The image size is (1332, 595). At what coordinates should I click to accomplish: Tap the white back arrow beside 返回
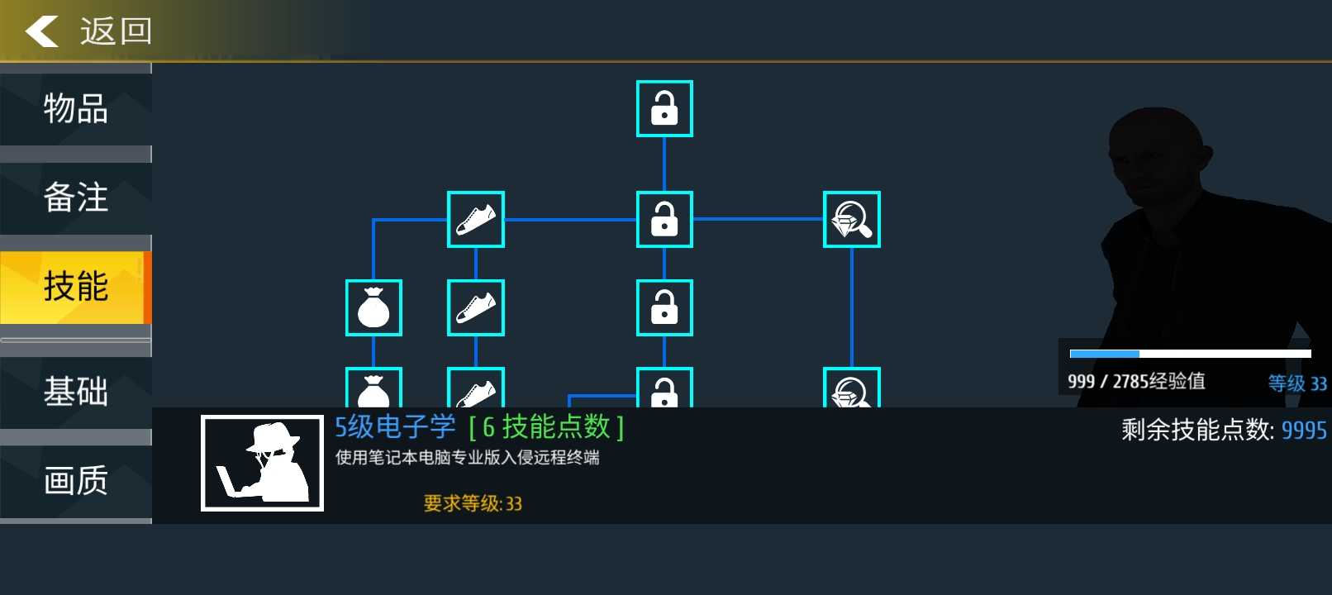pyautogui.click(x=41, y=31)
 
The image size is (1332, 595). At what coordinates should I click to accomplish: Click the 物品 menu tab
pyautogui.click(x=75, y=109)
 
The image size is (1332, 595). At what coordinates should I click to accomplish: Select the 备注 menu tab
pyautogui.click(x=75, y=198)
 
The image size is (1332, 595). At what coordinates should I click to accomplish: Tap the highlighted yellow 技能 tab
pyautogui.click(x=75, y=287)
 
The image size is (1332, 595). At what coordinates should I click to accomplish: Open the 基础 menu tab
pyautogui.click(x=75, y=392)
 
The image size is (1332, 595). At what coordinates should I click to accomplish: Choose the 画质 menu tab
pyautogui.click(x=75, y=481)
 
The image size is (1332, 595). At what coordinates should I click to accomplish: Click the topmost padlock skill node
pyautogui.click(x=664, y=108)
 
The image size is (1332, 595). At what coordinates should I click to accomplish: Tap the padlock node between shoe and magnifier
pyautogui.click(x=664, y=219)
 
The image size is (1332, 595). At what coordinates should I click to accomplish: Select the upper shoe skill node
pyautogui.click(x=476, y=219)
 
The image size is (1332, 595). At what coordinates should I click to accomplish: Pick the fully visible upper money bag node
pyautogui.click(x=373, y=307)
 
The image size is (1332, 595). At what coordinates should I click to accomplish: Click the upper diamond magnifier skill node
pyautogui.click(x=852, y=219)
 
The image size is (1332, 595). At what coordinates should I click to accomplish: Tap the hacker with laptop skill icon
pyautogui.click(x=262, y=463)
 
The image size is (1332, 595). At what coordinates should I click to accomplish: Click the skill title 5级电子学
pyautogui.click(x=395, y=427)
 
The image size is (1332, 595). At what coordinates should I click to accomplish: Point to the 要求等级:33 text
pyautogui.click(x=473, y=503)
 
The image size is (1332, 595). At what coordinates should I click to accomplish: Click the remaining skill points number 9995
pyautogui.click(x=1304, y=431)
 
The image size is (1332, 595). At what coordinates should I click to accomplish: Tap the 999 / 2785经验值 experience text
pyautogui.click(x=1136, y=381)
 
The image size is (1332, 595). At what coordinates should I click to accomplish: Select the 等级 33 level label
pyautogui.click(x=1297, y=383)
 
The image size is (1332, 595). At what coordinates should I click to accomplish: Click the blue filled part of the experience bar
pyautogui.click(x=1104, y=354)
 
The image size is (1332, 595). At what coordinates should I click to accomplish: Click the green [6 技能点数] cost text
pyautogui.click(x=546, y=427)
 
